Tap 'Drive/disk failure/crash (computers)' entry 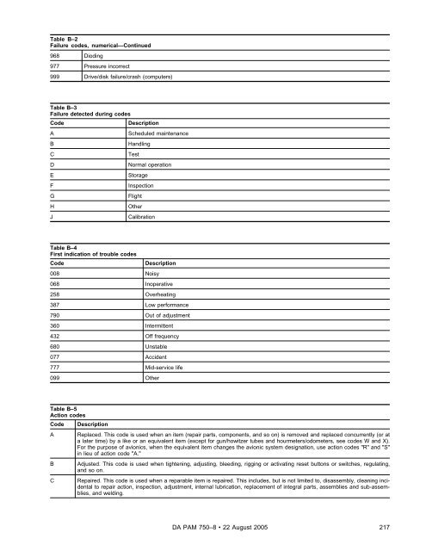coord(128,77)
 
